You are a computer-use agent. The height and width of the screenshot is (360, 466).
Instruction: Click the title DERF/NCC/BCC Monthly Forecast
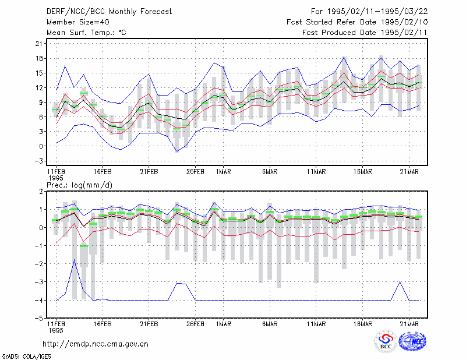pos(109,12)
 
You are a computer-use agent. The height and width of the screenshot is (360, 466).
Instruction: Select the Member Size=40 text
pos(78,22)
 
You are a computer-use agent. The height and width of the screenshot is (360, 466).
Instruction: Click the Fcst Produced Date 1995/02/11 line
pos(365,33)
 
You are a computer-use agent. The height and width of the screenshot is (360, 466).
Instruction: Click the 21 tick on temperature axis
pos(39,44)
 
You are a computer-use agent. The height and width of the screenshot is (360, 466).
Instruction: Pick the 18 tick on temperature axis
pos(39,58)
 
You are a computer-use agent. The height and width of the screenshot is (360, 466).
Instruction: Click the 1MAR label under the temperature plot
pos(224,172)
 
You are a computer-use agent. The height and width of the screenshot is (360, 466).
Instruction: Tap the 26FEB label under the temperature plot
pos(195,172)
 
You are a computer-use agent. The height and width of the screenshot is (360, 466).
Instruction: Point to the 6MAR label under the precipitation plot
pos(270,324)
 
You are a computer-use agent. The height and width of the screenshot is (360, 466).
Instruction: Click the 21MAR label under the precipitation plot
pos(409,324)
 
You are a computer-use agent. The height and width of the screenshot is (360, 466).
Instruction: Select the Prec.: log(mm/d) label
pos(79,185)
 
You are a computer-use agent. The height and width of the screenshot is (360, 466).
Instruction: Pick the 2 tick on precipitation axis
pos(41,192)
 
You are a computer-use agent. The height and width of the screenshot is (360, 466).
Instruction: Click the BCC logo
pos(386,341)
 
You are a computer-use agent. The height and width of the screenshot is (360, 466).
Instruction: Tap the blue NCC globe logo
pos(412,341)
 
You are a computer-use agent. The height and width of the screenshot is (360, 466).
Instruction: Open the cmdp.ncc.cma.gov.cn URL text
pos(96,344)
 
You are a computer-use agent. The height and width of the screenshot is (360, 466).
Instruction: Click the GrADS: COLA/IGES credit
pos(26,357)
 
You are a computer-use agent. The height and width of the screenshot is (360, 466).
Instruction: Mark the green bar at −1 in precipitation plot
pos(84,246)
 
